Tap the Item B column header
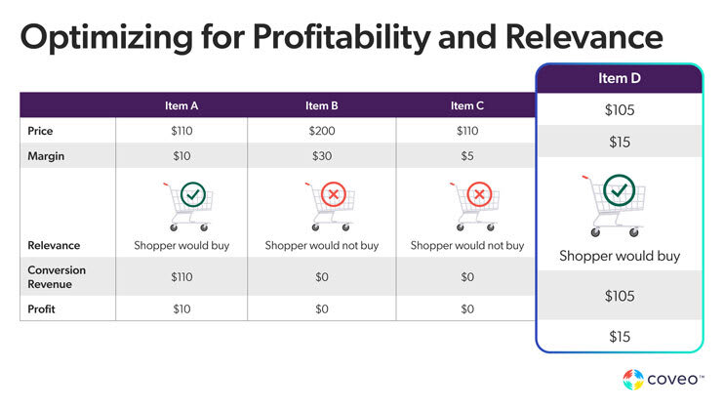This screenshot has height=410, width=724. click(x=321, y=105)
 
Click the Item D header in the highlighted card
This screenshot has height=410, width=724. click(x=619, y=78)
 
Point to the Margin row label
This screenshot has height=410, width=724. click(x=47, y=155)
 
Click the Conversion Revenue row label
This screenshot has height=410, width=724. click(x=57, y=276)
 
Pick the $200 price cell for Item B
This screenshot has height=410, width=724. click(x=321, y=130)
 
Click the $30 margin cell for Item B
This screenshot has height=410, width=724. click(x=321, y=155)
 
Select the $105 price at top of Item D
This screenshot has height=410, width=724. click(x=619, y=110)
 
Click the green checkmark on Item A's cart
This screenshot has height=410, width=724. click(x=193, y=195)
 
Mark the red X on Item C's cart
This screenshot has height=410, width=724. click(x=478, y=195)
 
